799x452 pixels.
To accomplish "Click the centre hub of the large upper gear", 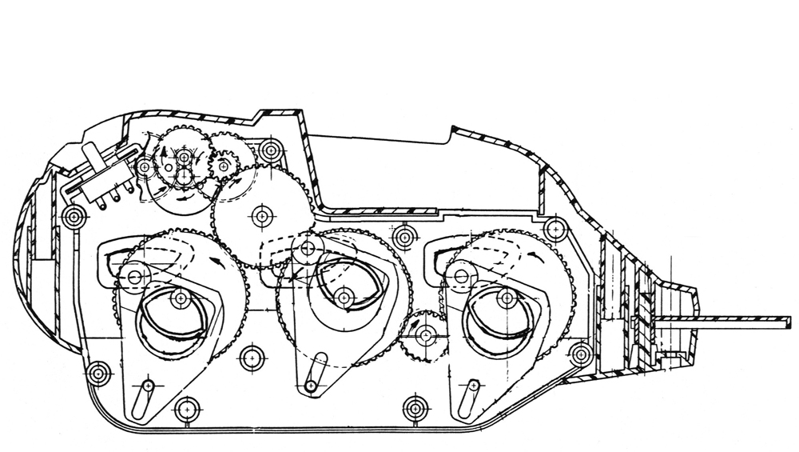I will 260,214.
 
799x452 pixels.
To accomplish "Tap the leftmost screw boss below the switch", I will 74,215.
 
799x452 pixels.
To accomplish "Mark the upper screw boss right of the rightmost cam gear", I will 553,230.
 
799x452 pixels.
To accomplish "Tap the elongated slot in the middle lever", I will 314,370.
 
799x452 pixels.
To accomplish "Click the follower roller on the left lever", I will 133,277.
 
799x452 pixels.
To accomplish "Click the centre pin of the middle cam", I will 344,297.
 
